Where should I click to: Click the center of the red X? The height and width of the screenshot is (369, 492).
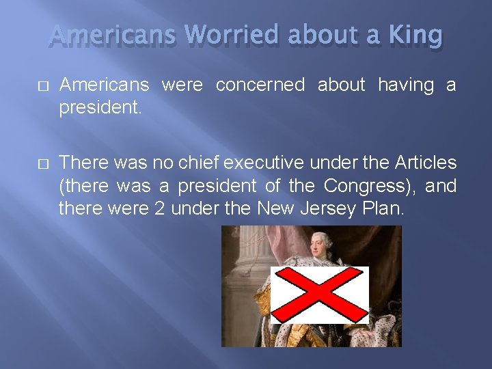coord(319,295)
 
